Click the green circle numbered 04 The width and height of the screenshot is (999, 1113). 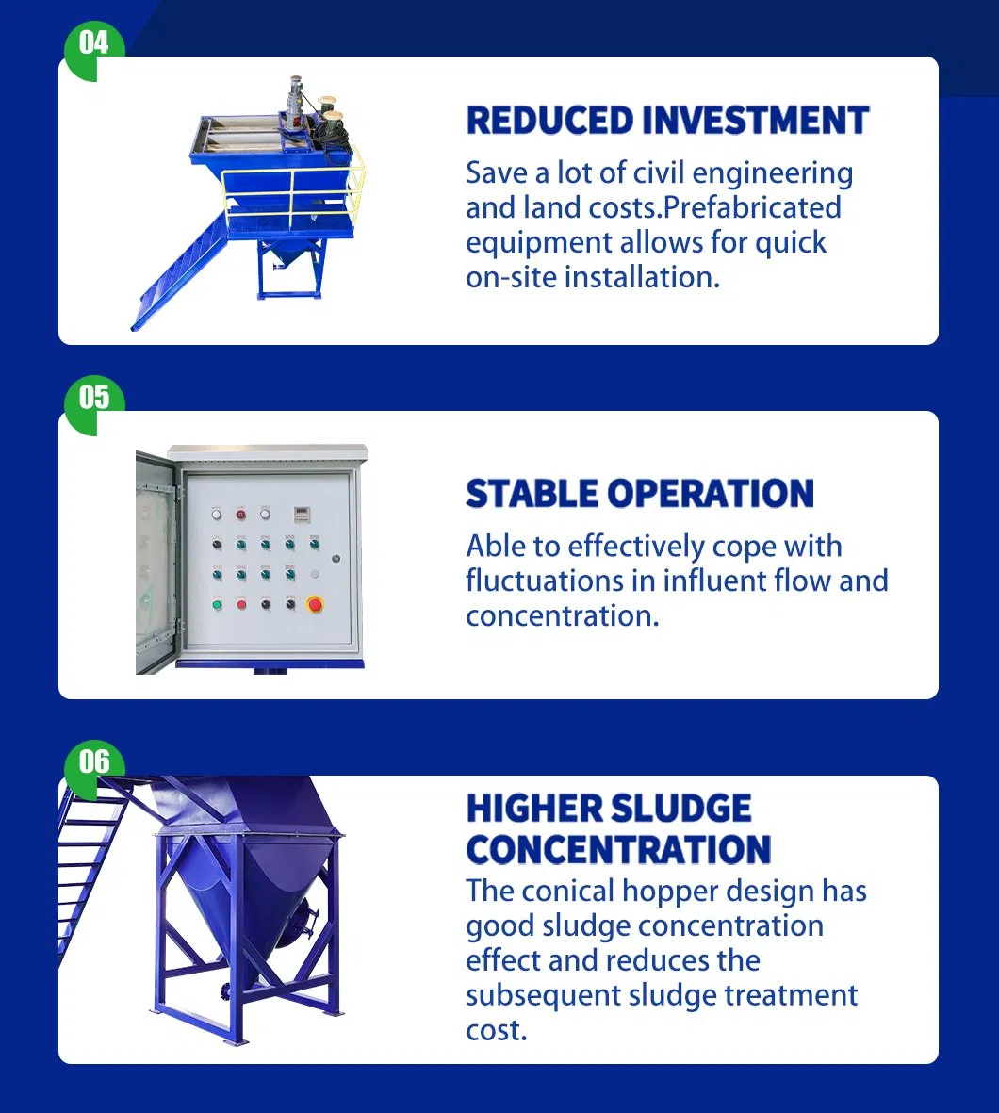point(93,43)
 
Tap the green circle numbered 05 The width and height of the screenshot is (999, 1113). point(93,398)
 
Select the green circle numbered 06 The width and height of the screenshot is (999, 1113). point(93,761)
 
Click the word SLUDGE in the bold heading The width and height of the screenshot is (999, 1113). point(680,809)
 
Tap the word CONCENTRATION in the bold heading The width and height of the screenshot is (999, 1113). point(618,849)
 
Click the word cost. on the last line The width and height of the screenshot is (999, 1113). point(496,1030)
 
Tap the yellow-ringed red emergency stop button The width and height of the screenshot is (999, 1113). point(316,603)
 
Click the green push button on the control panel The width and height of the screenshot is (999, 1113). point(218,603)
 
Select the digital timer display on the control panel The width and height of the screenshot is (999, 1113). point(303,513)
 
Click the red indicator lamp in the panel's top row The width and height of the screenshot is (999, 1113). point(241,513)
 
